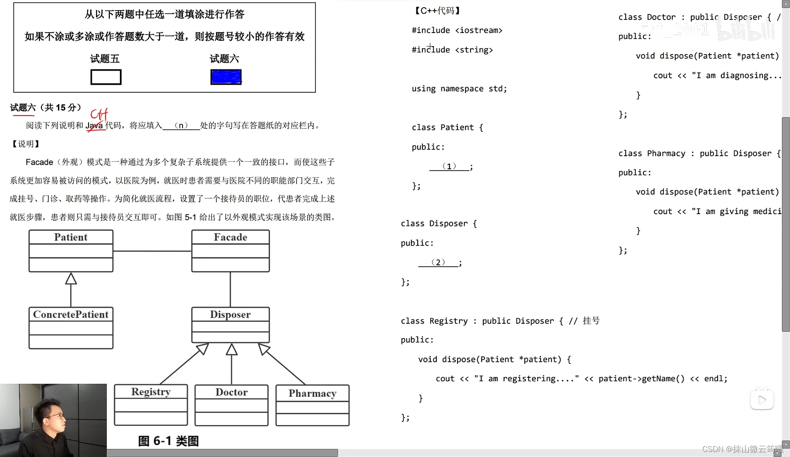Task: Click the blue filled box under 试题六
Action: pos(226,77)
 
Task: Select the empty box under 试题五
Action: pos(106,77)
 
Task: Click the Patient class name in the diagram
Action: pos(71,237)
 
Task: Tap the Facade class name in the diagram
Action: pos(230,237)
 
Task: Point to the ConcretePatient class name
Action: pos(71,314)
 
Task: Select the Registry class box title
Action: pos(151,392)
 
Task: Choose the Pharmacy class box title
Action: pos(312,393)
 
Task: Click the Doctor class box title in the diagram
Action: pos(231,392)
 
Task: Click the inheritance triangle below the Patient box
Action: pos(71,279)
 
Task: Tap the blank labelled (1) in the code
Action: pos(449,166)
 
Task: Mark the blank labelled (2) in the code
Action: pos(438,262)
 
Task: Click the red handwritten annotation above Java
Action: pos(99,115)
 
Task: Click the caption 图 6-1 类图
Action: pos(168,441)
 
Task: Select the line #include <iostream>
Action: pos(457,30)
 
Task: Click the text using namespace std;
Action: pos(459,89)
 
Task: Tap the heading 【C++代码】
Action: pos(437,11)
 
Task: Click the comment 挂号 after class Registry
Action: pos(591,321)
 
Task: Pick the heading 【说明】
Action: pos(25,144)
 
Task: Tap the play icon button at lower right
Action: pos(762,399)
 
